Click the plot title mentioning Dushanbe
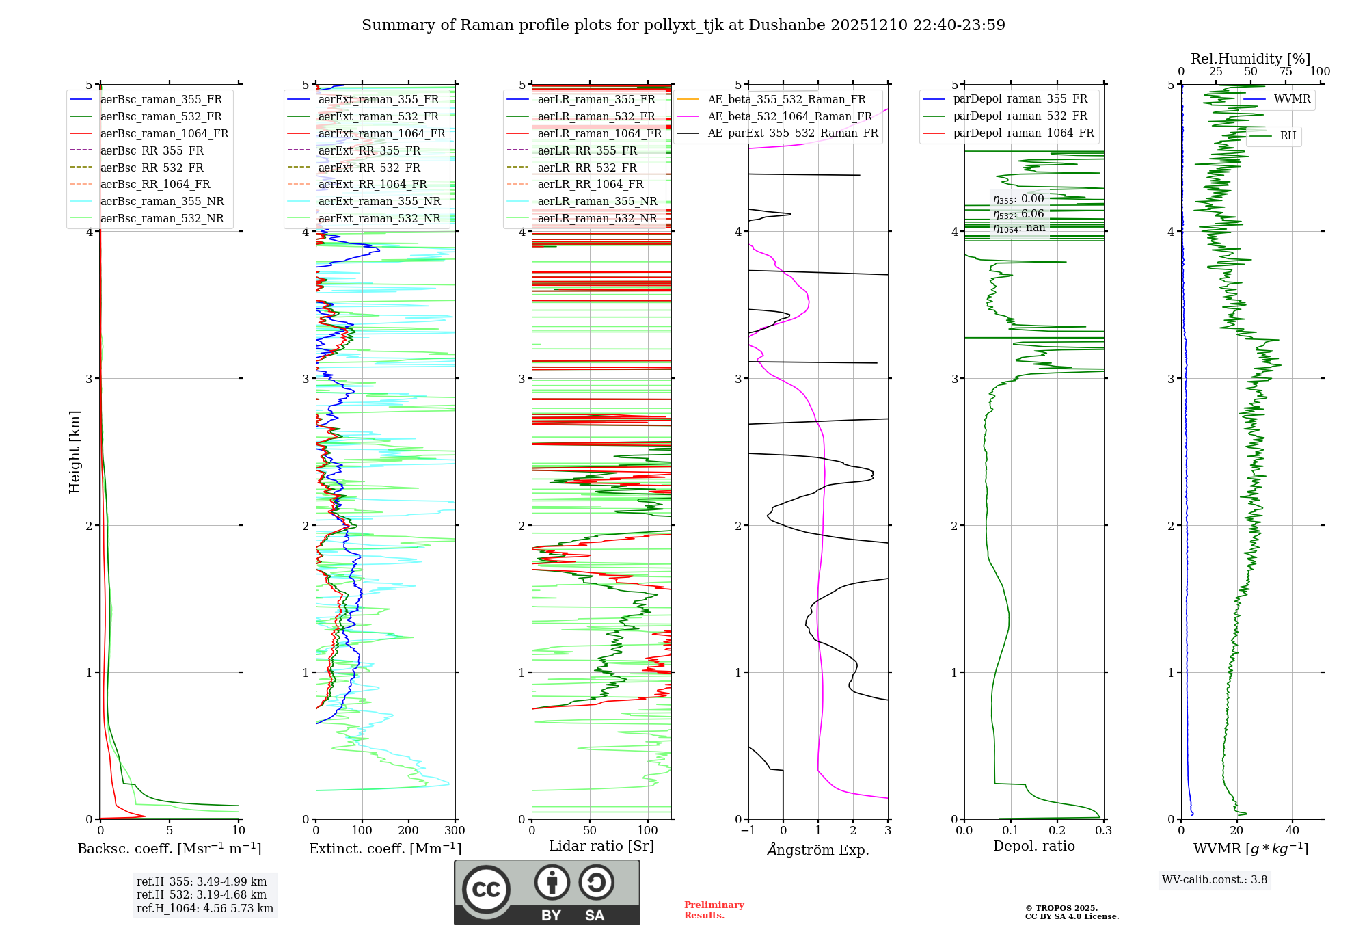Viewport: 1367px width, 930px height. (683, 25)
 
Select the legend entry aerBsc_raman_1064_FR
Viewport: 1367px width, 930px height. (164, 133)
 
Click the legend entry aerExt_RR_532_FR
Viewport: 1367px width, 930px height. (369, 168)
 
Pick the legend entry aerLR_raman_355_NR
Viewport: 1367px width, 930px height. (597, 201)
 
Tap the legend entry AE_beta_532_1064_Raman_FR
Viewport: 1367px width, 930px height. (789, 116)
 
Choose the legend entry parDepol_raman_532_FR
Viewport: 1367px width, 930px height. (1020, 116)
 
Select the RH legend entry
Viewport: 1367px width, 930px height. (1288, 136)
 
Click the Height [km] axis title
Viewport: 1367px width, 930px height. (75, 451)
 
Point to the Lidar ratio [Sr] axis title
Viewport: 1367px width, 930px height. (601, 846)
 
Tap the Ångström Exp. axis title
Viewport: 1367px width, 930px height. (817, 849)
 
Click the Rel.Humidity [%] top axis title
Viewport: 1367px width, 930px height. (1250, 59)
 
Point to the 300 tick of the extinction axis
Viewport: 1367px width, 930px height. (455, 831)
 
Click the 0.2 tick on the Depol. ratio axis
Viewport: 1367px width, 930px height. (1057, 831)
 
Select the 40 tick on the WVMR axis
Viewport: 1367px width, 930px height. (1292, 831)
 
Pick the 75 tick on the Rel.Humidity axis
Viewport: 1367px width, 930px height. (1286, 72)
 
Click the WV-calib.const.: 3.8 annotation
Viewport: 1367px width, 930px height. (1214, 880)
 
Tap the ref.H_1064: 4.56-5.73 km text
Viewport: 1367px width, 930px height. (205, 909)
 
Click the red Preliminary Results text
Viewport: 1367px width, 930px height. (714, 910)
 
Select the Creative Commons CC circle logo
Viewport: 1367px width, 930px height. (486, 890)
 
